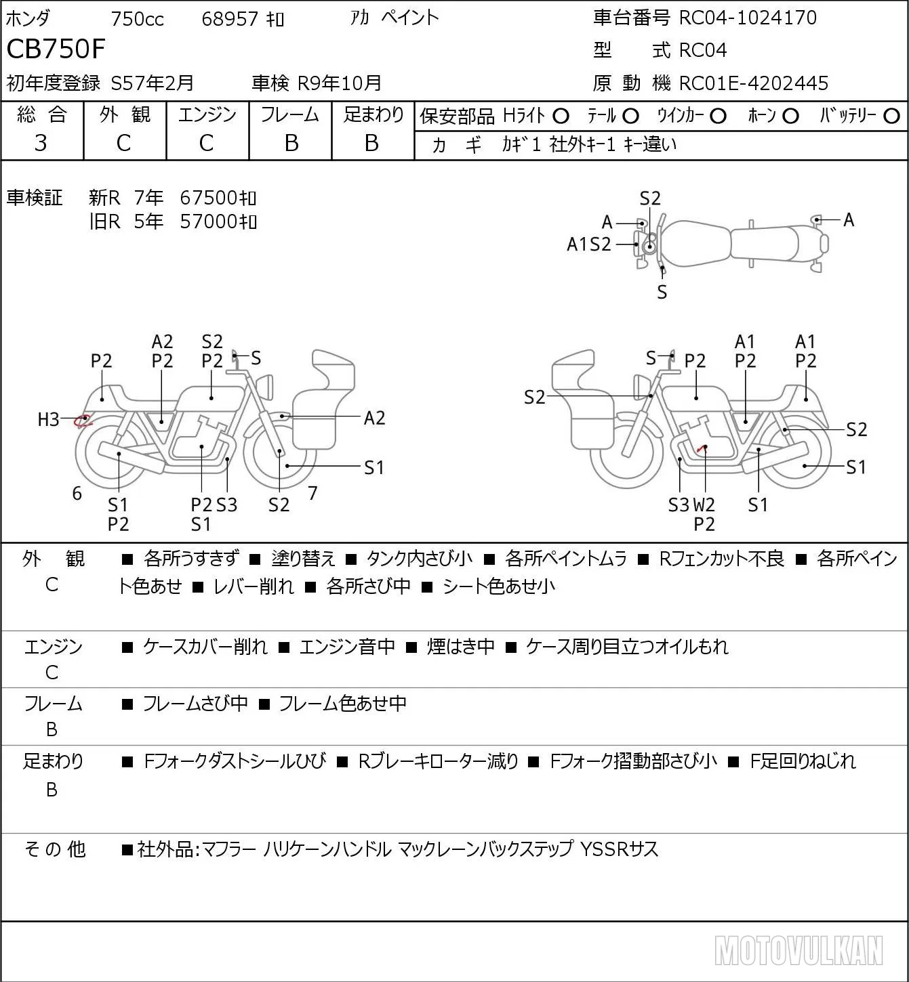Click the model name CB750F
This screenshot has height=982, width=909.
pyautogui.click(x=56, y=49)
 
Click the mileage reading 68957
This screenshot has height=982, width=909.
pyautogui.click(x=230, y=19)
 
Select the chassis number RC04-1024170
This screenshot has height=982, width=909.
pyautogui.click(x=748, y=18)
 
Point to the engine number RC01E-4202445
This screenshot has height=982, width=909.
pyautogui.click(x=754, y=83)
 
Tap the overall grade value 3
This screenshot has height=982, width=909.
pyautogui.click(x=41, y=143)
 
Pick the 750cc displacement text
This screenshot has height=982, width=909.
pyautogui.click(x=137, y=19)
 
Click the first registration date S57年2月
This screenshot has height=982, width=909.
pyautogui.click(x=152, y=83)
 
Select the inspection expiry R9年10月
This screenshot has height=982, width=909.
pyautogui.click(x=340, y=83)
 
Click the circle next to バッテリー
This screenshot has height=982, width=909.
pyautogui.click(x=891, y=116)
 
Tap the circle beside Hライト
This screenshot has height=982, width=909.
pyautogui.click(x=561, y=116)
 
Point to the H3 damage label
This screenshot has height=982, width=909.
pyautogui.click(x=48, y=420)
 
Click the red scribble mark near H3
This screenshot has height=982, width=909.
pyautogui.click(x=82, y=421)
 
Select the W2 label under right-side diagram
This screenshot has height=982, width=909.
pyautogui.click(x=704, y=505)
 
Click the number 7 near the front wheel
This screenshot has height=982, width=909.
pyautogui.click(x=312, y=493)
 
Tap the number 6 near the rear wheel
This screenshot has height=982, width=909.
pyautogui.click(x=77, y=493)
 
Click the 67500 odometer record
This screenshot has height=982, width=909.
pyautogui.click(x=218, y=198)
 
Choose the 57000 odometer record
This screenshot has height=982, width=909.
pyautogui.click(x=218, y=221)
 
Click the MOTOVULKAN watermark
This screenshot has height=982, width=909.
pyautogui.click(x=799, y=951)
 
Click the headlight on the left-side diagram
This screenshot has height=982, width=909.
pyautogui.click(x=266, y=387)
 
